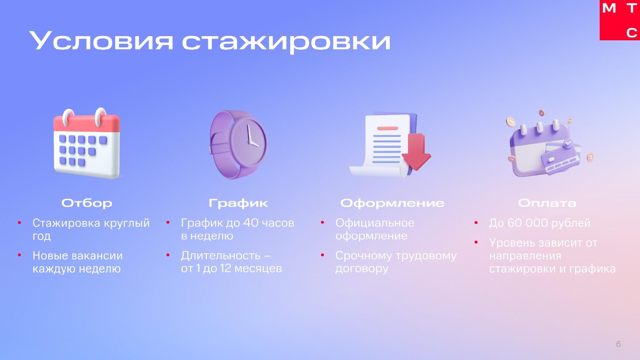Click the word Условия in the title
click(101, 40)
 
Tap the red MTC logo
click(620, 20)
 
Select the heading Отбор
click(87, 203)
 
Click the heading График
click(238, 203)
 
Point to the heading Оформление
click(392, 203)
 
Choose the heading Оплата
click(547, 203)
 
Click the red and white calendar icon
click(87, 143)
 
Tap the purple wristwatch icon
click(238, 145)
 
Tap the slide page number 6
click(619, 344)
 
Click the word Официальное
click(375, 223)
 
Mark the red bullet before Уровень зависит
click(476, 242)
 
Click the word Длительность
click(221, 255)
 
